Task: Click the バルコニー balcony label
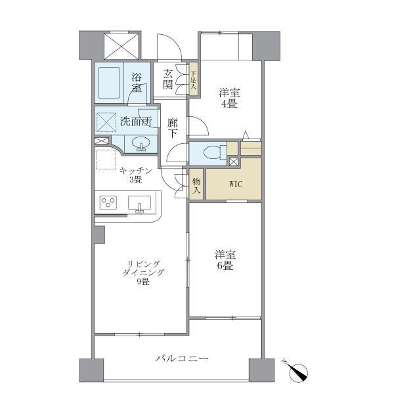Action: [x=182, y=359]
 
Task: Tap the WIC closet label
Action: [x=235, y=184]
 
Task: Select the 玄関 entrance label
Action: [x=169, y=79]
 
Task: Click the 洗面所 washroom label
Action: [x=136, y=121]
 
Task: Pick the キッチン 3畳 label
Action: [x=136, y=175]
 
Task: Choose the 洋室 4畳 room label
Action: [x=228, y=98]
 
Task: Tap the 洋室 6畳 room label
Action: [x=225, y=260]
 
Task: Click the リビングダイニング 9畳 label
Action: [x=142, y=272]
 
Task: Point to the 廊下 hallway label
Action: [x=173, y=127]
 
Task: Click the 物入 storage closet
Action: [x=196, y=184]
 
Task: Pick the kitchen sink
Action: [x=140, y=204]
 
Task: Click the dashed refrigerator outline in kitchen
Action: [x=106, y=161]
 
